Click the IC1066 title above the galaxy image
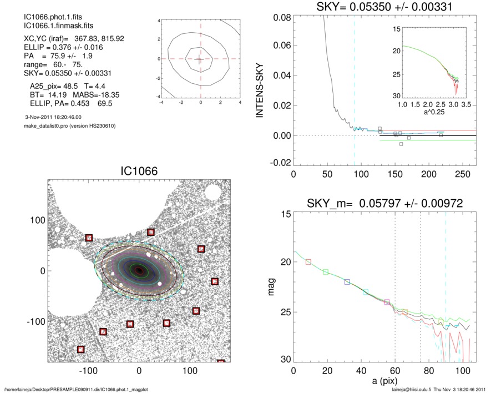[x=139, y=172]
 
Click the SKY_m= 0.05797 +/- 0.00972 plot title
[x=383, y=204]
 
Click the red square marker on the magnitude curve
[x=308, y=261]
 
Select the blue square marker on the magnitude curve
[x=347, y=282]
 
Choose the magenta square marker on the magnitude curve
[x=387, y=302]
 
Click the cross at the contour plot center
[x=200, y=58]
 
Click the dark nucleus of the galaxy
[x=139, y=270]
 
